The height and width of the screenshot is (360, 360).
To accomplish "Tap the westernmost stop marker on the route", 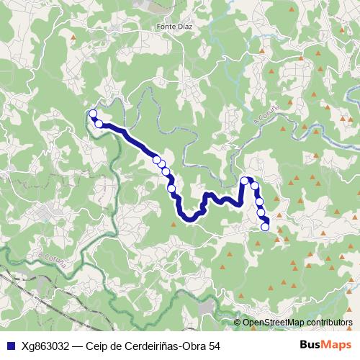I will point(92,113).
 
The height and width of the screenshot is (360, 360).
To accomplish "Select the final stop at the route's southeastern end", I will point(265,227).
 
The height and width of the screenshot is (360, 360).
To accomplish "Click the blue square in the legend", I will point(9,346).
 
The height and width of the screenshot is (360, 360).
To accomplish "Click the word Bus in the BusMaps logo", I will point(310,346).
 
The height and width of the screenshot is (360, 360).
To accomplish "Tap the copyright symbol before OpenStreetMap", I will point(238,323).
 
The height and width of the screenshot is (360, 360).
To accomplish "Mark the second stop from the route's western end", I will point(99,124).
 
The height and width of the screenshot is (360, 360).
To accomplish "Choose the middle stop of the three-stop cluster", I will point(162,163).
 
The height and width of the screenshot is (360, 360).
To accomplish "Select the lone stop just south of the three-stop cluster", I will point(171,189).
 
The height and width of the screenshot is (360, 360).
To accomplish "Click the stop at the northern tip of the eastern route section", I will point(245,180).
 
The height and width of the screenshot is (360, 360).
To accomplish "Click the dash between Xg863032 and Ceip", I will point(76,346).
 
